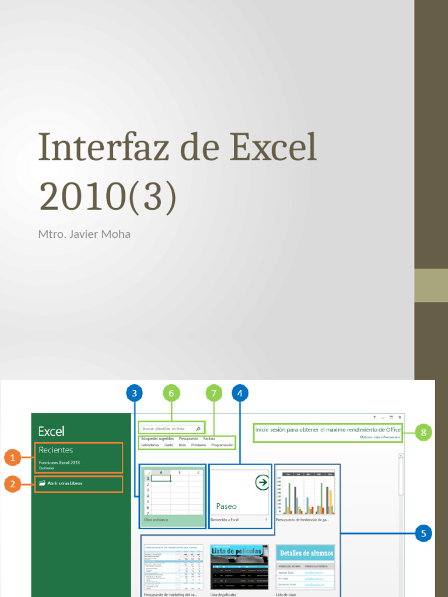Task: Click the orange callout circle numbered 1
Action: click(x=12, y=458)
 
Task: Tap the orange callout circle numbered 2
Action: click(x=12, y=484)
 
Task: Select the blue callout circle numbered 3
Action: click(x=134, y=394)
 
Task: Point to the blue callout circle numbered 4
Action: click(x=240, y=394)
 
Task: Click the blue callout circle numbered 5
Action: click(x=424, y=533)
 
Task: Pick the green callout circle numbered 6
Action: click(x=171, y=394)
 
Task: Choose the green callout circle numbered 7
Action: click(x=214, y=394)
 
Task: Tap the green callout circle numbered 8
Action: click(x=423, y=432)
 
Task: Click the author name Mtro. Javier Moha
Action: click(x=84, y=234)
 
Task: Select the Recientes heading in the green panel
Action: click(x=56, y=450)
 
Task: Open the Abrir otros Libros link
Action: click(x=64, y=483)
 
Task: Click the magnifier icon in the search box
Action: click(x=198, y=429)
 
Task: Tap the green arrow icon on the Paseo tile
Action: click(x=262, y=482)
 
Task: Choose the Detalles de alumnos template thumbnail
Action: click(x=306, y=567)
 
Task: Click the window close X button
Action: click(x=400, y=417)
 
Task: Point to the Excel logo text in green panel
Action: click(x=51, y=431)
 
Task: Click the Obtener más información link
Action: click(x=380, y=437)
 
